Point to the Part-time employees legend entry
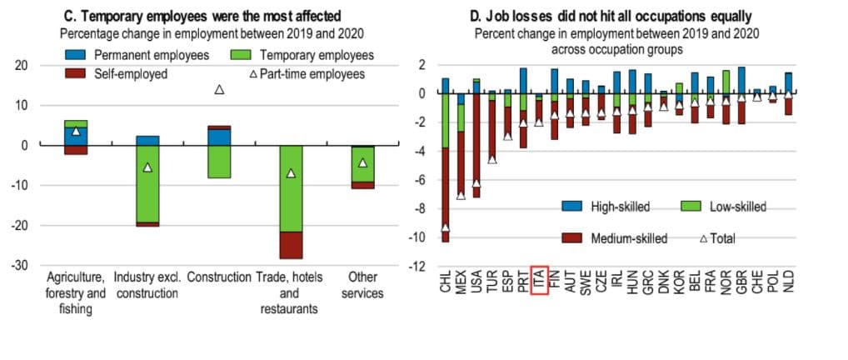pos(307,73)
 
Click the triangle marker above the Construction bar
pos(219,89)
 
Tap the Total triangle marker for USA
pos(476,182)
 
